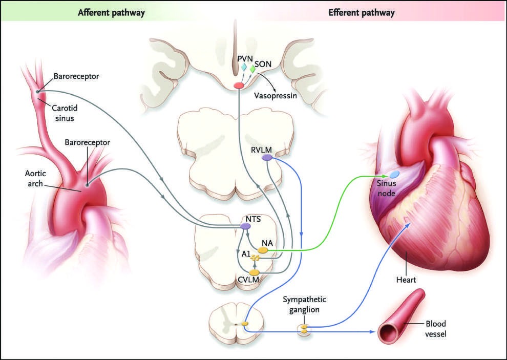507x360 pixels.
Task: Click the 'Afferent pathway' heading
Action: pos(111,13)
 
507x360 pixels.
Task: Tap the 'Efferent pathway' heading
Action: pos(361,13)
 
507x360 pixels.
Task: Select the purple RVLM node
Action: pos(267,158)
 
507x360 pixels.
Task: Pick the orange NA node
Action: pos(262,250)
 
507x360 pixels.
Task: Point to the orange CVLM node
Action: pos(255,272)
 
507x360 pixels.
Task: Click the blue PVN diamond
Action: pos(243,67)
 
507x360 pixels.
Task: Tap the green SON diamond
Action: pos(252,69)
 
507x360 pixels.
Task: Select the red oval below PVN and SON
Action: pos(239,86)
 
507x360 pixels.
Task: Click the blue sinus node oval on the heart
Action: pos(394,175)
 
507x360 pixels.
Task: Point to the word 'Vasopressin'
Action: pos(275,96)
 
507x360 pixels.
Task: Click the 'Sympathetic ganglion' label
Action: pos(304,304)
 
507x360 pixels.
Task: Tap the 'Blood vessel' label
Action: pos(435,329)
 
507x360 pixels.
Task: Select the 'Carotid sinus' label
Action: pos(65,113)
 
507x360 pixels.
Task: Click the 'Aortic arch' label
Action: pos(35,178)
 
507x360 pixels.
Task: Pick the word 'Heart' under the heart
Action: pos(406,280)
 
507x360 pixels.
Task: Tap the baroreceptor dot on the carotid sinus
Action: pos(37,92)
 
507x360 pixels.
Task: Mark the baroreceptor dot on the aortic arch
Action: pos(87,185)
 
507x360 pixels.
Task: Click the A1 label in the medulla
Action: pos(246,254)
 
